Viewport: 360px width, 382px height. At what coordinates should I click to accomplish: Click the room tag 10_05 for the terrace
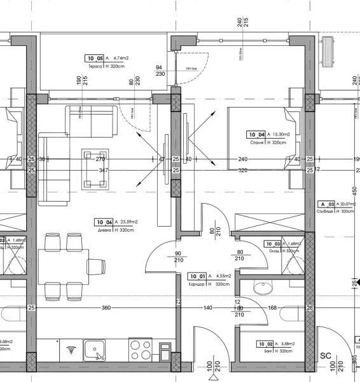(x=93, y=58)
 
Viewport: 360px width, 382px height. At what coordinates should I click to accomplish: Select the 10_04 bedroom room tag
(x=256, y=134)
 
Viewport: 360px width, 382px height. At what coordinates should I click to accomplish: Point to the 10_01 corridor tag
(x=197, y=276)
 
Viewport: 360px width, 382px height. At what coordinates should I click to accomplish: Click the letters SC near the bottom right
(x=326, y=356)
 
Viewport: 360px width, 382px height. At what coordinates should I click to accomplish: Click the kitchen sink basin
(x=95, y=351)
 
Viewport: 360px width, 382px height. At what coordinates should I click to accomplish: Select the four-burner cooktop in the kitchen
(x=139, y=351)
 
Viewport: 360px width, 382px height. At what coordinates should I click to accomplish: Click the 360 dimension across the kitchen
(x=106, y=308)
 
